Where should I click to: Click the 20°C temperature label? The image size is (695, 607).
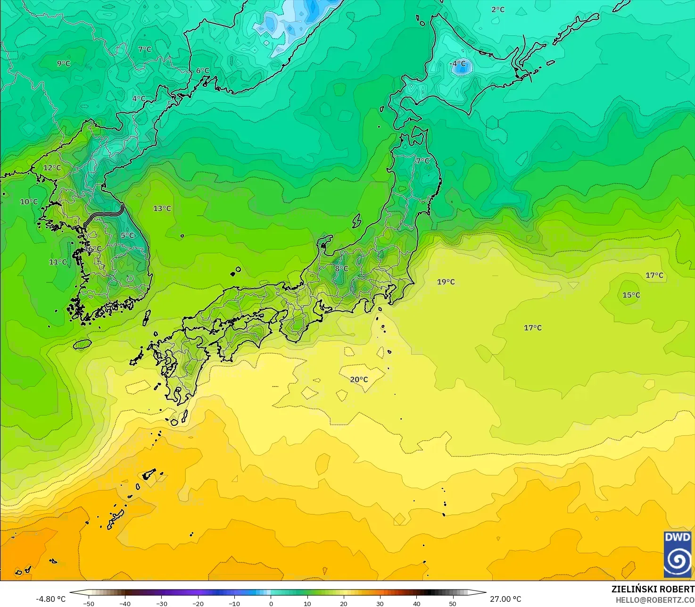359,380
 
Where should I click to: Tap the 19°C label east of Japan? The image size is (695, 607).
446,282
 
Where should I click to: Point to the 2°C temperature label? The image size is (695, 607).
498,9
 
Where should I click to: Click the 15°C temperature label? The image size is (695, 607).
631,295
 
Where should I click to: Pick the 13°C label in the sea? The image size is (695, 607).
162,208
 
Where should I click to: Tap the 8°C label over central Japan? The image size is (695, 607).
341,269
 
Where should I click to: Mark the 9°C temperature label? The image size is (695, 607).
64,64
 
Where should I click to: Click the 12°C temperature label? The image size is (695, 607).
52,168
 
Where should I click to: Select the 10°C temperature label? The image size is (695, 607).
29,202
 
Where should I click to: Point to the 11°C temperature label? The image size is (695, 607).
58,262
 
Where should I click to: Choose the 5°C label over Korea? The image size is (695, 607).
127,235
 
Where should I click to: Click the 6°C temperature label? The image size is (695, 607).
202,71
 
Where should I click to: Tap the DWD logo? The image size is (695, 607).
678,555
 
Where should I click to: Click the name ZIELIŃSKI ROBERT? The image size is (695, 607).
653,589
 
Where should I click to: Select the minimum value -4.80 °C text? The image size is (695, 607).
51,599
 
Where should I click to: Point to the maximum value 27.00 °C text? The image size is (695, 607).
505,599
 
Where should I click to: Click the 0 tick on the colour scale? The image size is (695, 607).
271,603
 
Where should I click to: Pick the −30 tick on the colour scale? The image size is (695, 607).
161,603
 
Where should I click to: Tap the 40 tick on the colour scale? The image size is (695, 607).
416,603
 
